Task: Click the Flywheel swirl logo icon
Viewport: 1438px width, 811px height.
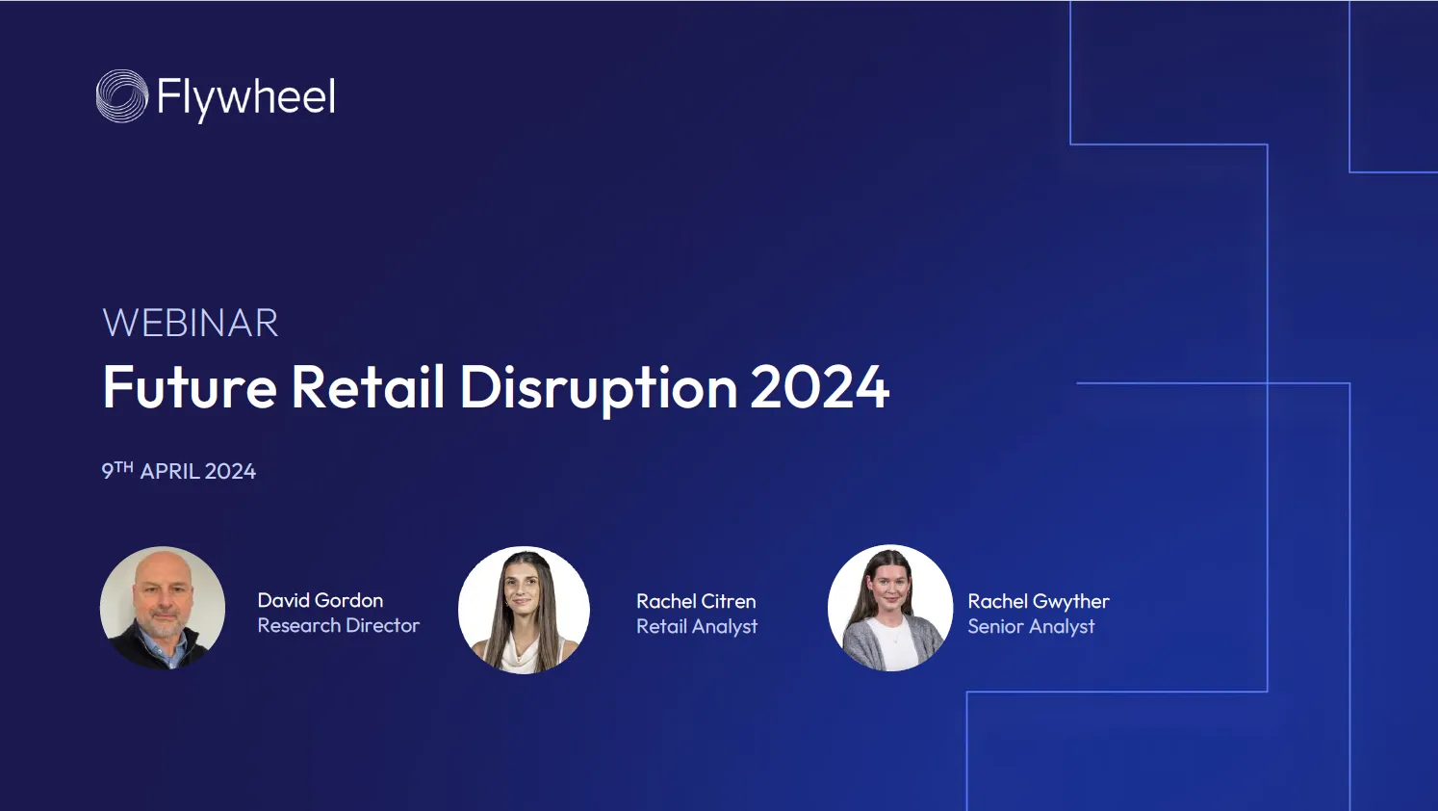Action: (x=122, y=96)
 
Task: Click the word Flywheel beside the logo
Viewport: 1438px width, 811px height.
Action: (x=246, y=97)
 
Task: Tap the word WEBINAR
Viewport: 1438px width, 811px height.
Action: (x=191, y=323)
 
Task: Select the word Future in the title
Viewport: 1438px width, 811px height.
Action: (x=190, y=387)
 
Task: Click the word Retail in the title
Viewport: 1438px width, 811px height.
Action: (x=368, y=387)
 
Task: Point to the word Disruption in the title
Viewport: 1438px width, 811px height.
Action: (x=598, y=387)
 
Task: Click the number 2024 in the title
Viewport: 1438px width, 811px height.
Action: (x=819, y=387)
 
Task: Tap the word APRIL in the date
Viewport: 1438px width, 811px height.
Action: (x=170, y=472)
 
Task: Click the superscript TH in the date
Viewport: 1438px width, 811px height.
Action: (x=124, y=467)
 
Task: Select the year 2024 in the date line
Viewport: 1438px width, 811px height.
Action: (x=230, y=472)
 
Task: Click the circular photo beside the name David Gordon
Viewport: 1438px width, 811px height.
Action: (x=163, y=608)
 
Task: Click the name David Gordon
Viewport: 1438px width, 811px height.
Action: (x=321, y=600)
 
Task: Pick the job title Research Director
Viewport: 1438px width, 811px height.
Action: (x=339, y=626)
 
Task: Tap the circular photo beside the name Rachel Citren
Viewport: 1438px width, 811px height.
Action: (x=524, y=610)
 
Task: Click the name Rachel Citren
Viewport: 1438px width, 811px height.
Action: (x=696, y=601)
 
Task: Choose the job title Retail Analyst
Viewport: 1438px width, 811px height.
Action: (x=697, y=627)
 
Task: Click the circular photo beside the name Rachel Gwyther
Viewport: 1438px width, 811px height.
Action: (x=890, y=608)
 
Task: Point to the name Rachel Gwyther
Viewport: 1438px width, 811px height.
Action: (x=1039, y=602)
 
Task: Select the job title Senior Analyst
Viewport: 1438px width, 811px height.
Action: (x=1031, y=627)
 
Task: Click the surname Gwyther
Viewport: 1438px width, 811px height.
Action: (x=1071, y=602)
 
